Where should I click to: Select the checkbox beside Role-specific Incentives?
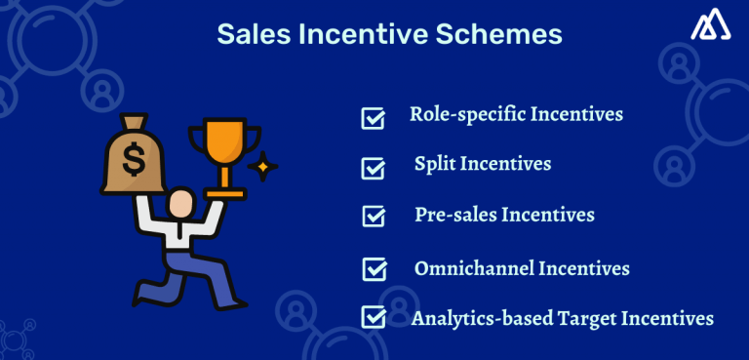373,118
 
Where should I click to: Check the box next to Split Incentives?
373,168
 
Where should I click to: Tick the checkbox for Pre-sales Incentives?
373,216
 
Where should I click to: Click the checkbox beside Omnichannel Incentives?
373,268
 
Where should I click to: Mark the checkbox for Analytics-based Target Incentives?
373,317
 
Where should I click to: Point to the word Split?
434,164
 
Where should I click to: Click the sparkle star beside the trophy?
261,168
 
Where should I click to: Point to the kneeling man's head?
180,203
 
